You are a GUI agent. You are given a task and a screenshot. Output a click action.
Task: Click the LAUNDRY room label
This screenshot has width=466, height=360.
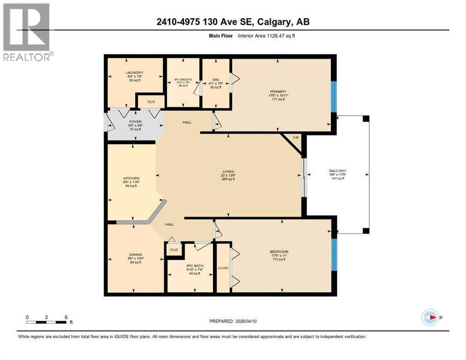[x=131, y=73]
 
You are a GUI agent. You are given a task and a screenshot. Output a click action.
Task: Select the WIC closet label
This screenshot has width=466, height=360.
[x=215, y=80]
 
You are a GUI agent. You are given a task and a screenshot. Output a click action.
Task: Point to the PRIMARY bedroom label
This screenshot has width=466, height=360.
[x=278, y=92]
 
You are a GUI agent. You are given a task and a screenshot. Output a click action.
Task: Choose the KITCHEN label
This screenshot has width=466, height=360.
[x=131, y=179]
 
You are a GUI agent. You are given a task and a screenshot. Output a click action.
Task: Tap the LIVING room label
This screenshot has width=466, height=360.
[x=228, y=172]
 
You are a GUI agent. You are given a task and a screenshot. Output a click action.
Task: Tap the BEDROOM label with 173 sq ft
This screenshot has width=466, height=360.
[x=279, y=252]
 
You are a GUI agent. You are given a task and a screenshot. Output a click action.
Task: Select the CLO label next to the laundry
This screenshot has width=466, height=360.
[x=151, y=101]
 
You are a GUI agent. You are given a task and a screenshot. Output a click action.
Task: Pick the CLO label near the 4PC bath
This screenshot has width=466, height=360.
[x=174, y=249]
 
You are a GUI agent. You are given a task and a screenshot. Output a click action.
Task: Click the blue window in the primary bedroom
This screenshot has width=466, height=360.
[x=334, y=97]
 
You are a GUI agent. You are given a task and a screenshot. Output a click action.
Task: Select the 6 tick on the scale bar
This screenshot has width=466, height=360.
[x=66, y=317]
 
